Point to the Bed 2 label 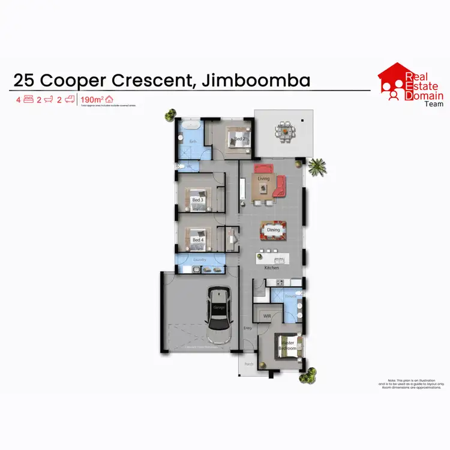[239, 139]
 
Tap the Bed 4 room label [197, 240]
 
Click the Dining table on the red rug [273, 230]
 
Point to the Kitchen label [272, 268]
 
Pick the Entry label [248, 328]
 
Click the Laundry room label [200, 260]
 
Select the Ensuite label [290, 296]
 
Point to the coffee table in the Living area [262, 190]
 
